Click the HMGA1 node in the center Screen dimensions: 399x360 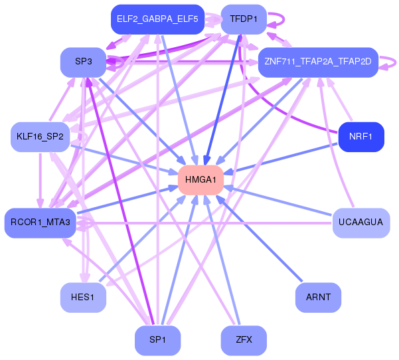[x=200, y=180]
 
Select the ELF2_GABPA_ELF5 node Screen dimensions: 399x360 [x=158, y=19]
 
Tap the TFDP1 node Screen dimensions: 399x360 [x=244, y=19]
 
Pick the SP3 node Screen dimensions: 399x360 [x=83, y=62]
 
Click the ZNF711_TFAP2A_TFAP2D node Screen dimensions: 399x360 [x=318, y=62]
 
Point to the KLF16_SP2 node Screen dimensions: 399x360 [x=40, y=137]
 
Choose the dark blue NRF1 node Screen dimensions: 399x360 [x=361, y=137]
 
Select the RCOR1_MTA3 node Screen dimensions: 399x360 [x=40, y=223]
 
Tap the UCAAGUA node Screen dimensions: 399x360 [x=361, y=223]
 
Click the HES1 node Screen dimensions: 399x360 [x=83, y=298]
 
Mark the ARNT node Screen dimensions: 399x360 [x=318, y=298]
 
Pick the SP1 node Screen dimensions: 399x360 [x=158, y=340]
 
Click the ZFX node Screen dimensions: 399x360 [x=244, y=340]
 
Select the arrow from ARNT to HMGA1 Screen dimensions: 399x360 [x=259, y=238]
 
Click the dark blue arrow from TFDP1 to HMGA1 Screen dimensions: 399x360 [x=222, y=100]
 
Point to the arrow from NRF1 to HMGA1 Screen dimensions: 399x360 [x=281, y=158]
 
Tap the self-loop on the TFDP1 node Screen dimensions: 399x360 [x=282, y=19]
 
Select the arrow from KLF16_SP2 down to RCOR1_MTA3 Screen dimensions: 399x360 [x=40, y=180]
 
